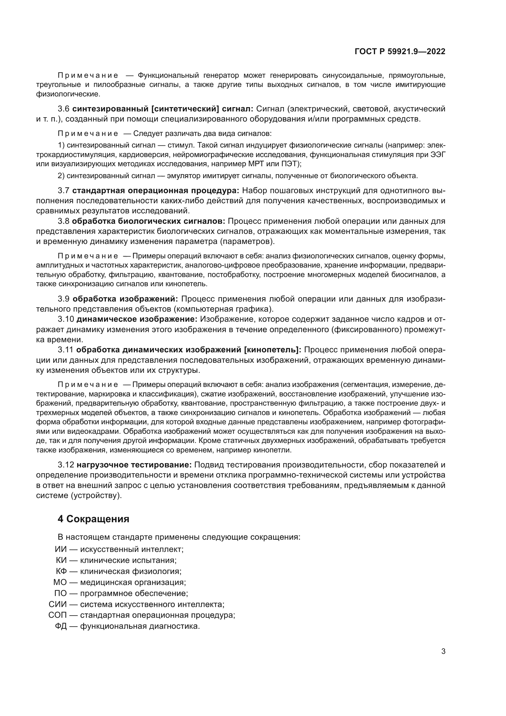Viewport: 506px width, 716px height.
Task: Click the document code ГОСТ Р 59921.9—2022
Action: (400, 52)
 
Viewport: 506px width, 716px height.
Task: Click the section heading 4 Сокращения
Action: (94, 519)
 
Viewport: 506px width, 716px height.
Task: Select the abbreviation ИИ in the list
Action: (61, 549)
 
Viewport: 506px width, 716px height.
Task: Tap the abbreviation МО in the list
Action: (60, 582)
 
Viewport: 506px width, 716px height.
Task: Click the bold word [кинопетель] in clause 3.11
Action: (272, 350)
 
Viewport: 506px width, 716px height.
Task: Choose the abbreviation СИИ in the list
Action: (58, 604)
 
